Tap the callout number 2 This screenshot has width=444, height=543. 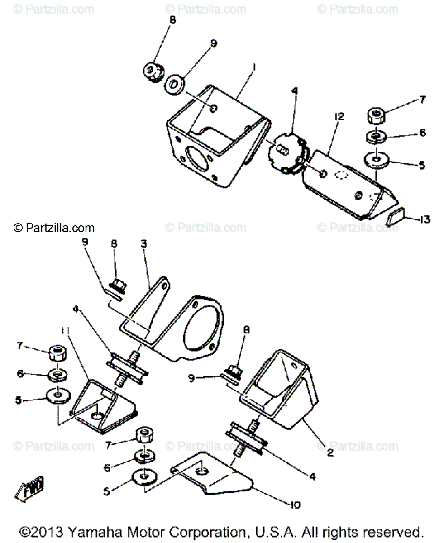point(331,452)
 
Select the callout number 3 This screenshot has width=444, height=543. point(143,244)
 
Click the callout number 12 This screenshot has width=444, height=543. point(339,117)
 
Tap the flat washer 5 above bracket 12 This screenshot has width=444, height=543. point(376,160)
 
